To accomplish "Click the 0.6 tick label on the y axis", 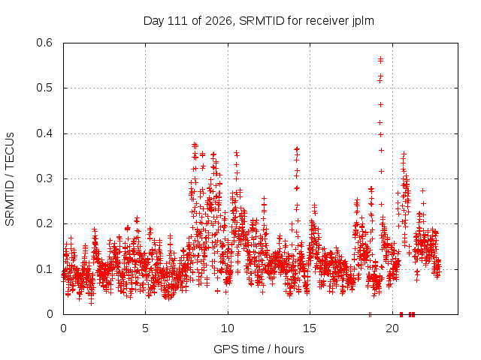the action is (44, 43).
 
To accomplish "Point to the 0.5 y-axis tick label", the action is (44, 88).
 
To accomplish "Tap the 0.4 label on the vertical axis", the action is (44, 133).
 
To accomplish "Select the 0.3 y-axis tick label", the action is (44, 178).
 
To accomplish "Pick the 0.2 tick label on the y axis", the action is (44, 223).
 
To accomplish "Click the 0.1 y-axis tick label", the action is (44, 269).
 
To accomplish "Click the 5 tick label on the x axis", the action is (145, 328).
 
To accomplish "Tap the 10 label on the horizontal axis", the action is (228, 328).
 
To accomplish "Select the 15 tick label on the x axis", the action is (310, 328).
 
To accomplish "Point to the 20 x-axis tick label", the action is (392, 328).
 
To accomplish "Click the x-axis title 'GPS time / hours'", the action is (259, 349).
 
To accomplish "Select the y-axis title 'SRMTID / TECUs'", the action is (10, 179).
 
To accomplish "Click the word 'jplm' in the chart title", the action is (362, 21).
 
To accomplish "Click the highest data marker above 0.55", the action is (381, 58).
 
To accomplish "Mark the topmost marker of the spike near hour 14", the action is (297, 149).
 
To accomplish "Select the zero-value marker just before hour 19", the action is (370, 314).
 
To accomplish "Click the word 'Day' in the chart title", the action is (153, 21).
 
